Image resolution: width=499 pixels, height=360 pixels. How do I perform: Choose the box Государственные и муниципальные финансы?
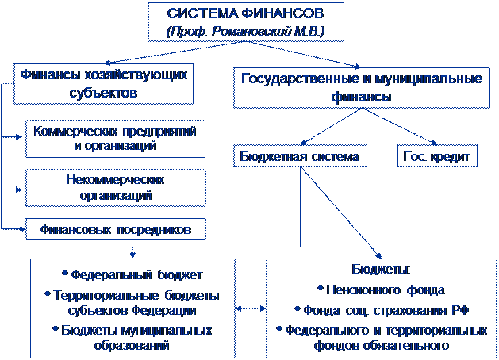[x=361, y=87]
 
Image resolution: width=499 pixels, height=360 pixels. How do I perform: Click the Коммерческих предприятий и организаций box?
[x=115, y=138]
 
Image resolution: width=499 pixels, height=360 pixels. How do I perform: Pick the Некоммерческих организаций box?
[x=115, y=187]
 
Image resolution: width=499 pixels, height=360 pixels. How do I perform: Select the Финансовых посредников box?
[x=115, y=230]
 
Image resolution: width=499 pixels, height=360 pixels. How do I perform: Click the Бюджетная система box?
[x=300, y=157]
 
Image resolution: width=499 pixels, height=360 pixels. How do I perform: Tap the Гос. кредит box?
[x=437, y=157]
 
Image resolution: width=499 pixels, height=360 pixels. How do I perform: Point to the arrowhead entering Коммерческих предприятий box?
[x=21, y=137]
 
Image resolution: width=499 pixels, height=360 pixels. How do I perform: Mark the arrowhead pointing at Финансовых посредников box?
[x=21, y=229]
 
